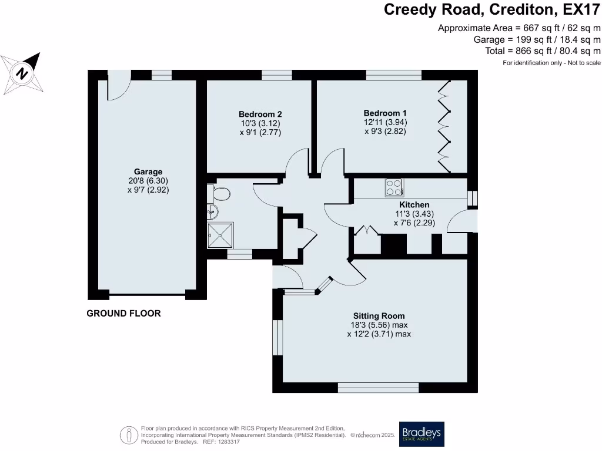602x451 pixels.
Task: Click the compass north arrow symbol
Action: [x=22, y=73]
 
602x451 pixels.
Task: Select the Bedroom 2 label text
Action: [x=260, y=114]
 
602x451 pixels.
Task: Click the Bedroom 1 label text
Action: [x=384, y=113]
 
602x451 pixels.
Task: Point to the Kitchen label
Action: [x=414, y=204]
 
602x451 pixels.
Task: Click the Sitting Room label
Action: [x=379, y=315]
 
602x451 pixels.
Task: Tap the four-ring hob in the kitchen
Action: [x=394, y=187]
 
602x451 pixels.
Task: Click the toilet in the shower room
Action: [x=219, y=193]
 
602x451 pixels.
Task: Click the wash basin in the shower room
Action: [x=213, y=212]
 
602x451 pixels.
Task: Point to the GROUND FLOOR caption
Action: [x=123, y=314]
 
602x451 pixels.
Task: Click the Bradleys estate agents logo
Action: [x=422, y=435]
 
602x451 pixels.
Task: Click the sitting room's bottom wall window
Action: [x=378, y=388]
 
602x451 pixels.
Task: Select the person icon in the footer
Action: [x=129, y=435]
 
